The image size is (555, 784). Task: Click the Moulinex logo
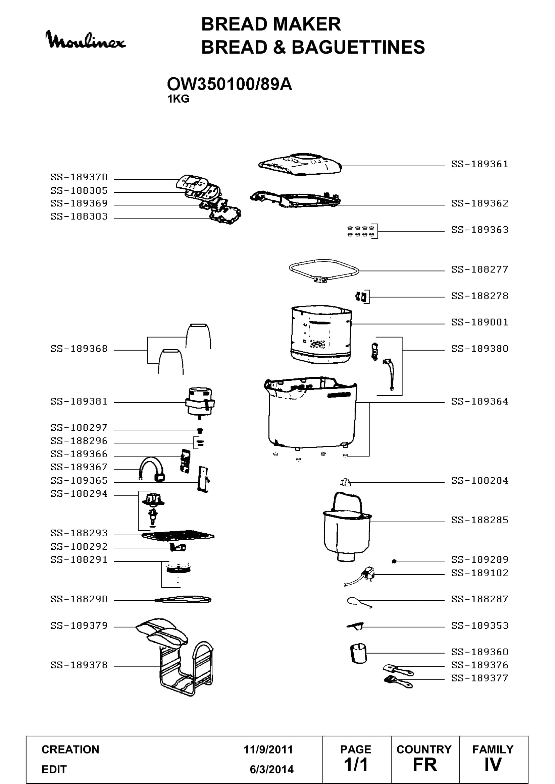click(x=86, y=40)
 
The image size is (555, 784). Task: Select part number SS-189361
click(x=480, y=164)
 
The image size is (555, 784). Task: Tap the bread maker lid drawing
click(x=300, y=165)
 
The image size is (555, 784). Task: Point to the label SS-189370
click(x=79, y=177)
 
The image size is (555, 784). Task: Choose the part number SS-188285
click(x=480, y=520)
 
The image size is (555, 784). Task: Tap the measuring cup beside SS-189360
click(x=358, y=653)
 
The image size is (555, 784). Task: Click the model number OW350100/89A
click(x=229, y=84)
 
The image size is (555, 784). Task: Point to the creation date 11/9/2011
click(x=268, y=749)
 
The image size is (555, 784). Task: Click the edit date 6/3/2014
click(x=272, y=769)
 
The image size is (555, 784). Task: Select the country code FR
click(x=425, y=765)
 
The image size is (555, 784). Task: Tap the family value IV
click(x=493, y=765)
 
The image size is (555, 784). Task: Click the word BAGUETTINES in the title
click(x=358, y=47)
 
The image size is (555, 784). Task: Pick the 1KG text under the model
click(x=178, y=99)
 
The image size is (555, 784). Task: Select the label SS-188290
click(x=79, y=599)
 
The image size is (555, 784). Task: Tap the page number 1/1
click(x=356, y=765)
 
